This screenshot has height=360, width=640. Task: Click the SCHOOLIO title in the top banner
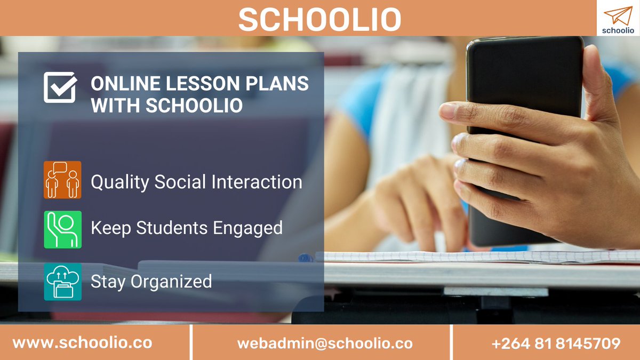click(319, 20)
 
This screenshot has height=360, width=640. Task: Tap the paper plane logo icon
click(617, 15)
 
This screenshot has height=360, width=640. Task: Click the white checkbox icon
click(60, 87)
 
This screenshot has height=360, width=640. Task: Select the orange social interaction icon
click(62, 180)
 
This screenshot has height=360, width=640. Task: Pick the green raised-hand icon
click(62, 229)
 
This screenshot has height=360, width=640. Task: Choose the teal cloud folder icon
click(62, 281)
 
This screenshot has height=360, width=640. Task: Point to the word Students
click(172, 228)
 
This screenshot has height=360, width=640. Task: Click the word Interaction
click(257, 182)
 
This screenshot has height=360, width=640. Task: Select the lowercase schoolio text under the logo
click(618, 30)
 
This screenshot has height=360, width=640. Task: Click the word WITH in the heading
click(115, 105)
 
